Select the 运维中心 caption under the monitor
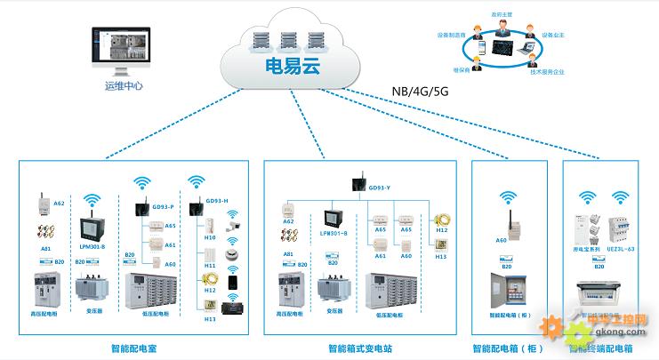[x=124, y=86]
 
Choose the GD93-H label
[x=218, y=201]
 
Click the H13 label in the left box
[x=211, y=318]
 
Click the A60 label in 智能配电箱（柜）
[x=501, y=240]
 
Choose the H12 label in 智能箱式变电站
[x=441, y=229]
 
